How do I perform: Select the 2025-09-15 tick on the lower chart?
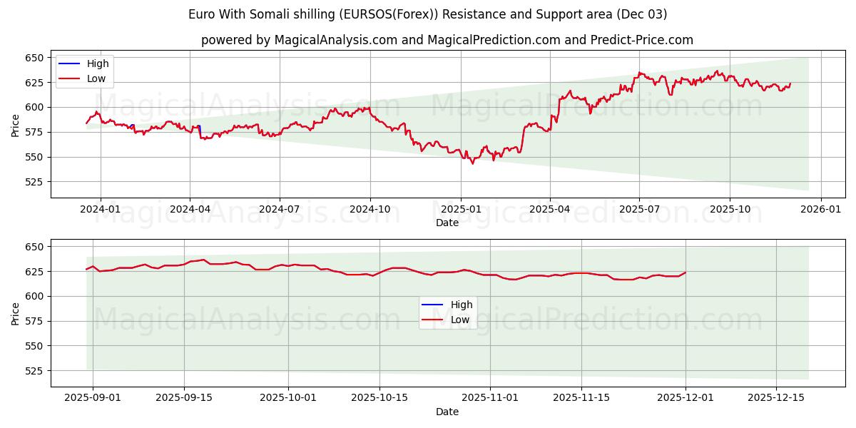pos(184,397)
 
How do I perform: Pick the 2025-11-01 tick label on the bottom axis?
pos(491,397)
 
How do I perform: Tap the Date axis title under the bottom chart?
pos(447,412)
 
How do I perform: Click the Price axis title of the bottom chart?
pos(16,313)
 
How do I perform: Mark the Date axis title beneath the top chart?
pos(447,223)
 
